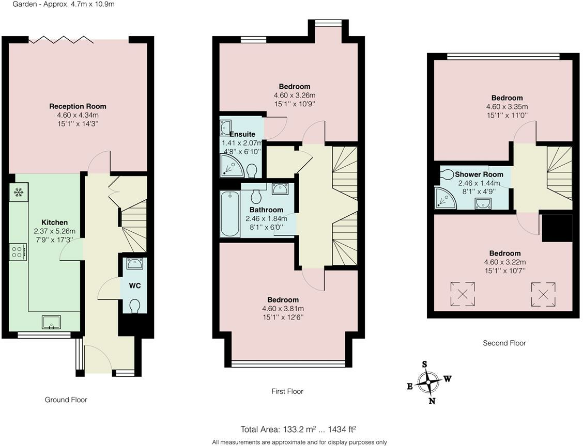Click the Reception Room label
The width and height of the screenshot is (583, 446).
tap(78, 106)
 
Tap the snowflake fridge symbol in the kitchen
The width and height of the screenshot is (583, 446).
tap(18, 192)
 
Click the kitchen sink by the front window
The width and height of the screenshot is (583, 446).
tap(51, 322)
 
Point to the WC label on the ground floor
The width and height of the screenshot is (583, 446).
tap(134, 285)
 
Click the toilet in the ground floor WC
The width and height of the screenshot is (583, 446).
tap(134, 306)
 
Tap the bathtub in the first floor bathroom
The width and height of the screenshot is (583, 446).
tap(230, 214)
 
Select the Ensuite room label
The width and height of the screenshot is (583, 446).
tap(242, 134)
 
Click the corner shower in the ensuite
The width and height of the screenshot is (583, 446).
tap(232, 166)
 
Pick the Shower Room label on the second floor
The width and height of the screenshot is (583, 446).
tap(479, 174)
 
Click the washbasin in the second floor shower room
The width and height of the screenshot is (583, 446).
tap(483, 203)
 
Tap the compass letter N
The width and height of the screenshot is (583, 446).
tap(432, 401)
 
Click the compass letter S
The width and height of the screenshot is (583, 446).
tap(424, 364)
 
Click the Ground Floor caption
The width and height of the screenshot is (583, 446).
tap(66, 400)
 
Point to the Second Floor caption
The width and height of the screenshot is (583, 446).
tap(504, 343)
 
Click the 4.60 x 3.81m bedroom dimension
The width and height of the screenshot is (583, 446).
tap(283, 309)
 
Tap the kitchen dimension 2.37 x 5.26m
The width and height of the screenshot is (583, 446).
tap(55, 231)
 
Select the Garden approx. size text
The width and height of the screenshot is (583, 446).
tap(64, 5)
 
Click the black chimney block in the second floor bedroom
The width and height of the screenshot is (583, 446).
tap(557, 228)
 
